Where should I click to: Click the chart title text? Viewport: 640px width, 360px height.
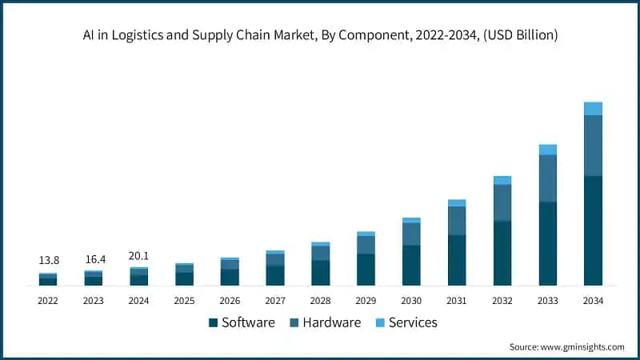(320, 34)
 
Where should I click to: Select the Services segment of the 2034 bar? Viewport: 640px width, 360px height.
(593, 109)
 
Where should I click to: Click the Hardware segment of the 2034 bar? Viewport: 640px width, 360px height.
(593, 146)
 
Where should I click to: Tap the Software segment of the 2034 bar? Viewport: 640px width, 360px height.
(593, 230)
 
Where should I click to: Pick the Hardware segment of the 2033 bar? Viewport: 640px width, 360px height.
(547, 178)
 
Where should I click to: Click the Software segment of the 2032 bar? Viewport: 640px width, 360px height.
(502, 253)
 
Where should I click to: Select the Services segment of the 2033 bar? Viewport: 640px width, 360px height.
(547, 150)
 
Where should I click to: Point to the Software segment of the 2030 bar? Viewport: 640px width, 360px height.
(411, 265)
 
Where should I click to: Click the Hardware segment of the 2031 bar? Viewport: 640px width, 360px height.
(457, 221)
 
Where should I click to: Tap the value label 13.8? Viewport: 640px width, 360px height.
(48, 261)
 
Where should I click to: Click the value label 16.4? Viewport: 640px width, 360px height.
(94, 260)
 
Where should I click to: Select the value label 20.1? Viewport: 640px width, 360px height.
(138, 256)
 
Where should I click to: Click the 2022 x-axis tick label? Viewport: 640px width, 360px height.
(48, 301)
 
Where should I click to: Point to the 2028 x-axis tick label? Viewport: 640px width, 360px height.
(320, 301)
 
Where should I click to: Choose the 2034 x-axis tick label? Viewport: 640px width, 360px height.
(593, 301)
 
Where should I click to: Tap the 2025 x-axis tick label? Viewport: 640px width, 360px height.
(184, 301)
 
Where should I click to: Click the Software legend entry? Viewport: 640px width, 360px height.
(242, 322)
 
